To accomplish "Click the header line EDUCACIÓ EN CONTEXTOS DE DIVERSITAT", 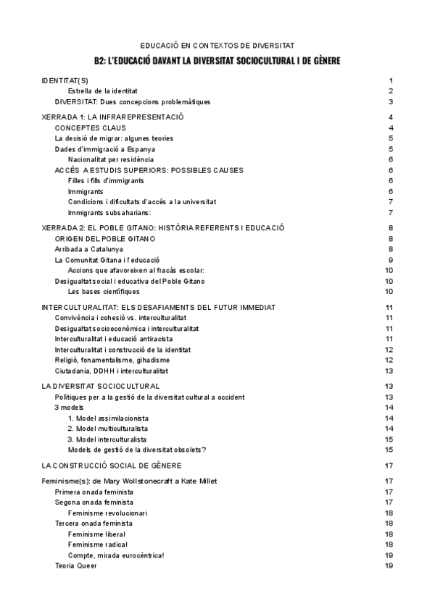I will point(217,45).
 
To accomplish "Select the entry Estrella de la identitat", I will point(102,91).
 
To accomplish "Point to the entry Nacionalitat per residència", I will point(110,159).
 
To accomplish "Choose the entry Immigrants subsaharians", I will point(110,212).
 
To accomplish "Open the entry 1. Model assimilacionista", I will point(108,418).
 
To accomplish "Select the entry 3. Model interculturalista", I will point(107,439).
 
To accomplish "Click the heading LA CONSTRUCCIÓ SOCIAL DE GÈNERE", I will point(112,465).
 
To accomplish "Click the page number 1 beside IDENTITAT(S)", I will point(390,80).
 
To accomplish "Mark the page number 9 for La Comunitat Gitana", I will point(390,259).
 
